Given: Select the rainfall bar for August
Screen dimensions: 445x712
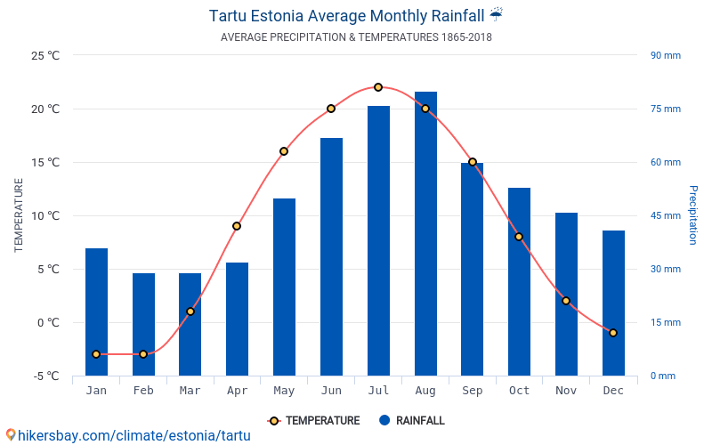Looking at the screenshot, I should pos(425,233).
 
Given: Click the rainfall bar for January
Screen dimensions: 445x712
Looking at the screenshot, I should pos(96,311).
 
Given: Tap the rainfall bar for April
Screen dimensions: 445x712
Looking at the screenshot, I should pos(237,319).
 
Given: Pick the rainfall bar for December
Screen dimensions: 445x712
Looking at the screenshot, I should pos(613,303).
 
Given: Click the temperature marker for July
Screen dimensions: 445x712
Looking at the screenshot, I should pos(378,87).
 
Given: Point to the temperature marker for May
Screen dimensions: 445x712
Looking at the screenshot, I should pos(284,151).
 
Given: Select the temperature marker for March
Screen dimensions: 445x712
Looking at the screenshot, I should pos(190,311).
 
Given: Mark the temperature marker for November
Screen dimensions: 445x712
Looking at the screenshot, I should pos(566,301).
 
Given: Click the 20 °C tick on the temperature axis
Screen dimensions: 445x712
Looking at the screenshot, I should pos(42,109).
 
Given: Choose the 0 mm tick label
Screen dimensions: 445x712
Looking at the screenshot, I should pos(662,376).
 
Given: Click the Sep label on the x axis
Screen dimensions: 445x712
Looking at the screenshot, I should pos(473,391).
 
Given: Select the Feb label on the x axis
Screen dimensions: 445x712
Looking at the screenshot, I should pos(143,391).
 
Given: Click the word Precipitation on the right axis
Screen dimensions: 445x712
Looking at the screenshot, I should pos(692,215).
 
